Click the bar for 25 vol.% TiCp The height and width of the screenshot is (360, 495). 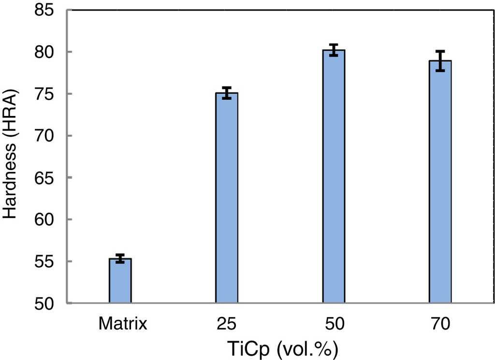[227, 198]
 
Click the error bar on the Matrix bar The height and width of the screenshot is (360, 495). [120, 258]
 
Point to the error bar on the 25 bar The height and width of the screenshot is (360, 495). [227, 93]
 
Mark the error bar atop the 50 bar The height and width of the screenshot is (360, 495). [334, 50]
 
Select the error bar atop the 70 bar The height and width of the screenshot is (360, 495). [440, 60]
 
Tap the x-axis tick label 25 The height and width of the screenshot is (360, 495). [227, 323]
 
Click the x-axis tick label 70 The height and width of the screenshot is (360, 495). [440, 323]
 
